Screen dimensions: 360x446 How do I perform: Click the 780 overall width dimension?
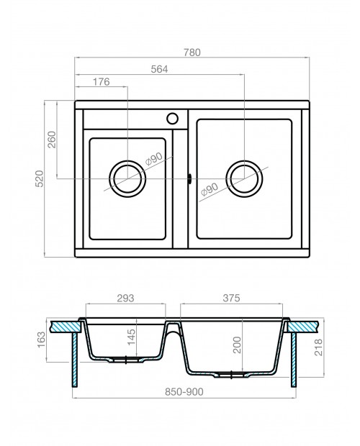pyautogui.click(x=192, y=53)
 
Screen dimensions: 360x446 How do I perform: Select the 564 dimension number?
pyautogui.click(x=159, y=69)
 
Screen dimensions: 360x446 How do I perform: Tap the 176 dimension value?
pyautogui.click(x=101, y=82)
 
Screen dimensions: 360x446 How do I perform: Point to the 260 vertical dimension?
pyautogui.click(x=52, y=140)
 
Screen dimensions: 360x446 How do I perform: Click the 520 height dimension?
pyautogui.click(x=40, y=178)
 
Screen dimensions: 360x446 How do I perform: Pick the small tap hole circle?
pyautogui.click(x=172, y=119)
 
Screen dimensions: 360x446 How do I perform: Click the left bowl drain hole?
pyautogui.click(x=127, y=178)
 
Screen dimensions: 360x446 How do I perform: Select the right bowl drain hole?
pyautogui.click(x=244, y=178)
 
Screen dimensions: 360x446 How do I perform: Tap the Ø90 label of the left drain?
pyautogui.click(x=153, y=159)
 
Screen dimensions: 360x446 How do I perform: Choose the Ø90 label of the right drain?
pyautogui.click(x=210, y=189)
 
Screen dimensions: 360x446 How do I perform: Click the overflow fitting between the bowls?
pyautogui.click(x=189, y=178)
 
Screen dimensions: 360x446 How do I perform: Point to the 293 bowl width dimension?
pyautogui.click(x=125, y=298)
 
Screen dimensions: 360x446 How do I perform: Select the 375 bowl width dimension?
pyautogui.click(x=231, y=298)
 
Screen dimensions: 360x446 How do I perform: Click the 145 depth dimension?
pyautogui.click(x=132, y=337)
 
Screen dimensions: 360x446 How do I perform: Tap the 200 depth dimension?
pyautogui.click(x=237, y=345)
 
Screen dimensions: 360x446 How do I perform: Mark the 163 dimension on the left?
pyautogui.click(x=42, y=340)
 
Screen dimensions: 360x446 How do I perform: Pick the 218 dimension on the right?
pyautogui.click(x=319, y=347)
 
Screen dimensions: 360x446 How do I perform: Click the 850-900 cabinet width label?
pyautogui.click(x=184, y=392)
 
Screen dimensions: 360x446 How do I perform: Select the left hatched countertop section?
pyautogui.click(x=66, y=327)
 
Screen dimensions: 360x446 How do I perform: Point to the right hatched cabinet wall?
pyautogui.click(x=294, y=360)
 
